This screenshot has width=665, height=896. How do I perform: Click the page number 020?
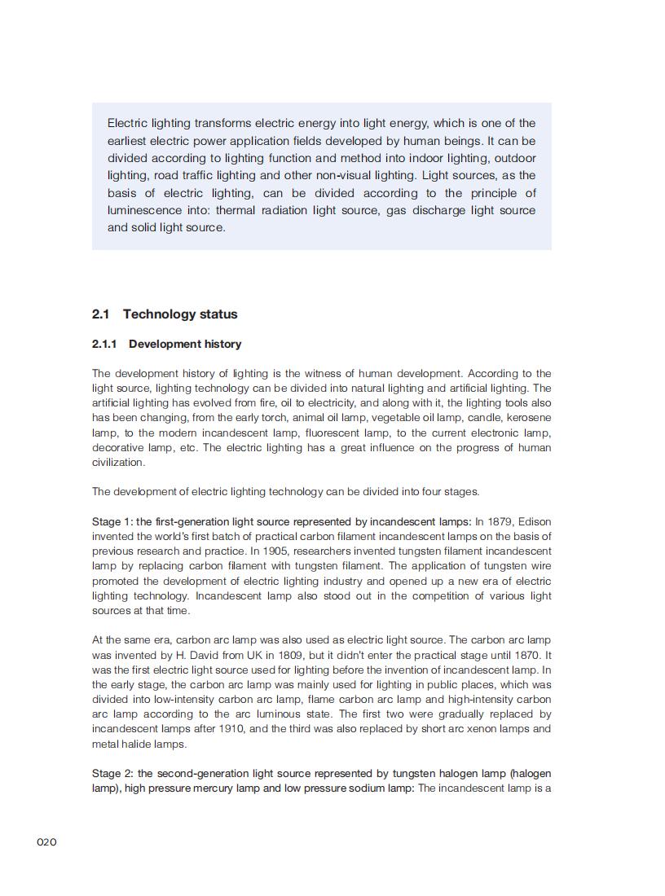[x=46, y=841]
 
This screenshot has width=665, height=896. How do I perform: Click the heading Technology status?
[x=180, y=314]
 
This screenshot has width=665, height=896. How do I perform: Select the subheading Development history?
[x=185, y=344]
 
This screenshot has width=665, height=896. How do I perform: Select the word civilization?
[x=118, y=463]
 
